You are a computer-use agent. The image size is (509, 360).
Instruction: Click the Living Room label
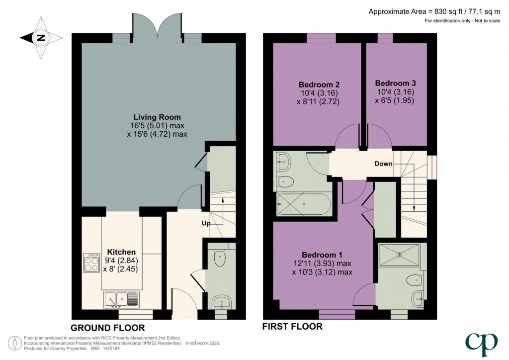pos(157,117)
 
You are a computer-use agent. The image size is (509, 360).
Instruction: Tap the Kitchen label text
pos(121,252)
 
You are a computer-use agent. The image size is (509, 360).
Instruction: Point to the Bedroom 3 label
pos(395,84)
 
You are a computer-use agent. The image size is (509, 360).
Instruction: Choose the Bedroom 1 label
pos(322,255)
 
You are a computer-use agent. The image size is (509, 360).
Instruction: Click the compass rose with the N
pos(41,38)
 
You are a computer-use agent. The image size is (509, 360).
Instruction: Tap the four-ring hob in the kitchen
pos(91,263)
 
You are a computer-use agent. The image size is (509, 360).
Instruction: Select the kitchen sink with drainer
pos(121,300)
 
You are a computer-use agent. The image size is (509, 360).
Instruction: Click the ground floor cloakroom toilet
pos(220,258)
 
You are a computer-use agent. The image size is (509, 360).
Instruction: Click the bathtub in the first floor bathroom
pos(304,204)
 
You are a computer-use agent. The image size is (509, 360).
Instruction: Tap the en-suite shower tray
pos(399,255)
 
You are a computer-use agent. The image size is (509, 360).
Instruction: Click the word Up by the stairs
pos(206,223)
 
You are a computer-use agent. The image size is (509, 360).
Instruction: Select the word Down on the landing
pos(384,164)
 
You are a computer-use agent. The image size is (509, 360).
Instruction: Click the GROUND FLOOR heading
pos(107,328)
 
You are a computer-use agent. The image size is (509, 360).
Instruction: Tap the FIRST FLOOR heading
pos(292,327)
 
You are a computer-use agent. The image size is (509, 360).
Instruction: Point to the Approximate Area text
pos(434,12)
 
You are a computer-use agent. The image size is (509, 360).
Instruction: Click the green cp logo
pos(481,345)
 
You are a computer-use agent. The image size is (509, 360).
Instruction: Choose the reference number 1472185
pos(111,349)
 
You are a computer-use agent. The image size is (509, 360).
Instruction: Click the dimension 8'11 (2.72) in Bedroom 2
pos(318,101)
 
